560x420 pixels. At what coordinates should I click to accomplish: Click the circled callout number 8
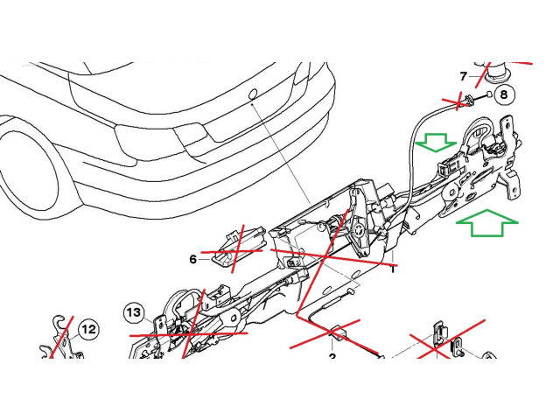(503, 94)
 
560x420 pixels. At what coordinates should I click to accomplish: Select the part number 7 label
(465, 76)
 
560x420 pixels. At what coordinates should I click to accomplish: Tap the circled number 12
(88, 329)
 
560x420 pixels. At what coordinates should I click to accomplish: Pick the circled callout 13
(133, 311)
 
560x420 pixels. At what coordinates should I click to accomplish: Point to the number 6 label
(193, 259)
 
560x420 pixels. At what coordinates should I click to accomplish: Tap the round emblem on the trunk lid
(252, 93)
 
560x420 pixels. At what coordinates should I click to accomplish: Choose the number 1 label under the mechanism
(394, 269)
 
